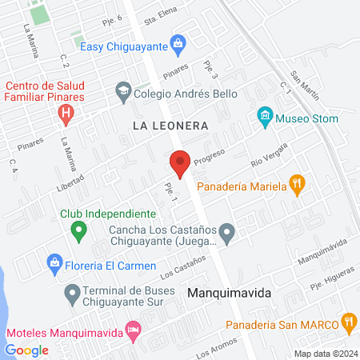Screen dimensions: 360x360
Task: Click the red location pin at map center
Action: pyautogui.click(x=180, y=163)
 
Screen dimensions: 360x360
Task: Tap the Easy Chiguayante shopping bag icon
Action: pyautogui.click(x=179, y=46)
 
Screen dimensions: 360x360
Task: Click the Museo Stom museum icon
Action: pyautogui.click(x=265, y=118)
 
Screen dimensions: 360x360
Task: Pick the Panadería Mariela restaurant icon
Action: pyautogui.click(x=297, y=186)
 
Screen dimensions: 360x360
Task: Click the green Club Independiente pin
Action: pyautogui.click(x=78, y=233)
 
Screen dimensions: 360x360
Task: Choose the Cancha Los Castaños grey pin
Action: pyautogui.click(x=227, y=234)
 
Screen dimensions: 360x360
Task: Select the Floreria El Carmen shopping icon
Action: pyautogui.click(x=54, y=262)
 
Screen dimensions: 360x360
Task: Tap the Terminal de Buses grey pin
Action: pyautogui.click(x=73, y=295)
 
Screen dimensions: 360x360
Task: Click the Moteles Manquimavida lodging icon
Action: pyautogui.click(x=133, y=330)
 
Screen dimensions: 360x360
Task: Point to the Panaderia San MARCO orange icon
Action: pyautogui.click(x=348, y=323)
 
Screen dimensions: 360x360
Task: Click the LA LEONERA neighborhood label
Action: pyautogui.click(x=170, y=126)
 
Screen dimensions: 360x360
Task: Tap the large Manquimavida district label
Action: pyautogui.click(x=229, y=293)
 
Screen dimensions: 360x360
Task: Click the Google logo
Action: pyautogui.click(x=27, y=350)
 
